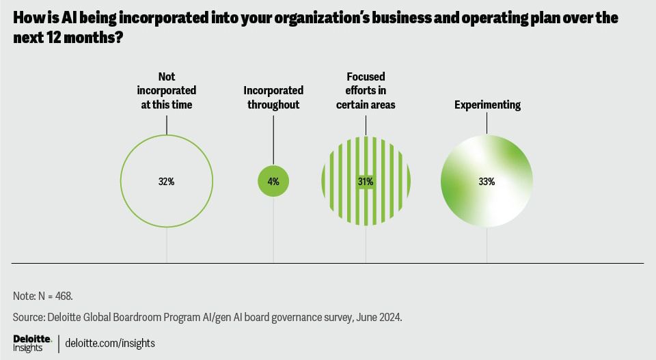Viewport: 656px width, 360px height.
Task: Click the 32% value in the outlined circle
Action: tap(167, 182)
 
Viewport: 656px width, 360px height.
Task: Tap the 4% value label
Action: tap(273, 182)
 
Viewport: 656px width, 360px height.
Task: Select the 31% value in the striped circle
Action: tap(366, 182)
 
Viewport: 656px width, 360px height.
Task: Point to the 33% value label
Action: tap(487, 182)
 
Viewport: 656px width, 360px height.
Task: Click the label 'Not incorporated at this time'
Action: tap(167, 91)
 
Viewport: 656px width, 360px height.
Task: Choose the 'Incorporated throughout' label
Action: tap(273, 98)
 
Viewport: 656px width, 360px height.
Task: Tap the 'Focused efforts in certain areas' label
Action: tap(366, 91)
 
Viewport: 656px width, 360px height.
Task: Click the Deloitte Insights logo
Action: tap(31, 343)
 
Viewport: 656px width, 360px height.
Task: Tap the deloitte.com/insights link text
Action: tap(110, 344)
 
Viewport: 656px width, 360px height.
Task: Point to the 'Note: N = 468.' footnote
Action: tap(42, 296)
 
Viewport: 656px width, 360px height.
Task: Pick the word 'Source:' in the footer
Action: tap(29, 318)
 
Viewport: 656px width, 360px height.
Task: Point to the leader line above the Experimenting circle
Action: tap(487, 123)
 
